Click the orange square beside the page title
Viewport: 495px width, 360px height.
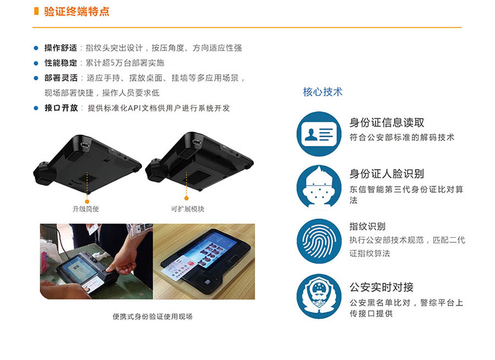[x=36, y=12]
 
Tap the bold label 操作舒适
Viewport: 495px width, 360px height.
[x=61, y=48]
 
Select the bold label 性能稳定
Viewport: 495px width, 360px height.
[x=61, y=63]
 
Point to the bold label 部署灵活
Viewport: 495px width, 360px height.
[x=61, y=78]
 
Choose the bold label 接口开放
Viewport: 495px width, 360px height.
[x=61, y=108]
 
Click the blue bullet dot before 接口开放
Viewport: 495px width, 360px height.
[x=36, y=108]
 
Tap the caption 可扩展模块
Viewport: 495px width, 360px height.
[x=187, y=209]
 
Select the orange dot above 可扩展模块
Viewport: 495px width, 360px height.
[x=186, y=198]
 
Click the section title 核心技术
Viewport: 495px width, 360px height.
[x=322, y=92]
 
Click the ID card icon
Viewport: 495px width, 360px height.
[x=319, y=134]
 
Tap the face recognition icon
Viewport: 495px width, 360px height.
[x=319, y=187]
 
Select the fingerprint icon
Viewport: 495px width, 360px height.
[x=319, y=241]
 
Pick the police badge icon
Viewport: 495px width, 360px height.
[x=319, y=297]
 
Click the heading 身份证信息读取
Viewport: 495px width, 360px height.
[x=387, y=123]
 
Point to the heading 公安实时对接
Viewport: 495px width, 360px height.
[x=381, y=287]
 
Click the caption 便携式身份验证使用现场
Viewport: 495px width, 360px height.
[x=152, y=317]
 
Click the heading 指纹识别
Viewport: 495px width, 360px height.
[x=367, y=226]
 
